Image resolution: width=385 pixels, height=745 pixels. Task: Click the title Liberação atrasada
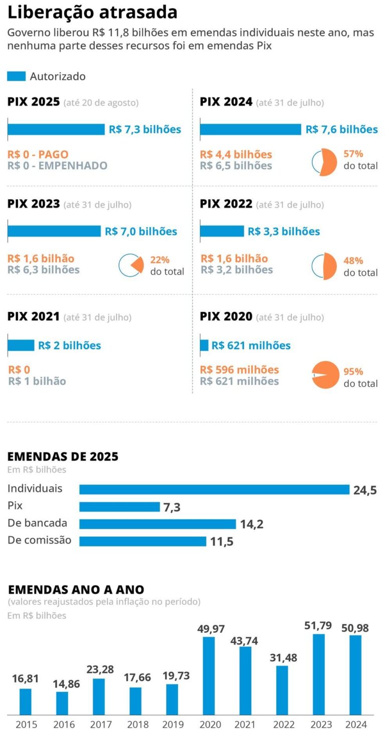tap(92, 13)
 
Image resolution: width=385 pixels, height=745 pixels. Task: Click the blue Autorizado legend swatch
tap(16, 76)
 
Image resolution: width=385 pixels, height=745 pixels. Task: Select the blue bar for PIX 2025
tap(56, 130)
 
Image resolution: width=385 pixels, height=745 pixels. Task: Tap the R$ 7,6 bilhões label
tap(341, 130)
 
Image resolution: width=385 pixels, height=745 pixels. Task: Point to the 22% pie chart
tap(131, 266)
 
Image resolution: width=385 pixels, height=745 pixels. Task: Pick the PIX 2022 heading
tap(226, 204)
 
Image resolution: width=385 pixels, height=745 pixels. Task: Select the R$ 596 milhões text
tap(239, 370)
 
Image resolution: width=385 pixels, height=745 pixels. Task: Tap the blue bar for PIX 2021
tap(21, 345)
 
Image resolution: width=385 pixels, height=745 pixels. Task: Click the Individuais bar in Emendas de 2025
tap(214, 489)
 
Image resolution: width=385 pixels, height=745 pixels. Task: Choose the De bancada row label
tap(38, 523)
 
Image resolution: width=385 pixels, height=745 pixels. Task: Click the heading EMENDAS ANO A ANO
tap(76, 589)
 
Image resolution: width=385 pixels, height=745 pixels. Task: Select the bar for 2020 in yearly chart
tap(209, 675)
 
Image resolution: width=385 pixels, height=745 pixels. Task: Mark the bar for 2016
tap(62, 703)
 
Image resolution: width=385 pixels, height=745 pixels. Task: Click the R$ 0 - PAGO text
tap(38, 154)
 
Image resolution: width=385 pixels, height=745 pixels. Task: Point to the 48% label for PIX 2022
tap(353, 261)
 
